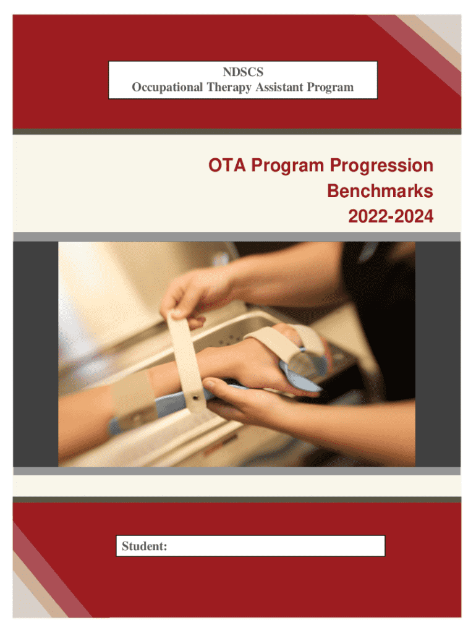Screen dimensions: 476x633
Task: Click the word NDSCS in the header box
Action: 243,72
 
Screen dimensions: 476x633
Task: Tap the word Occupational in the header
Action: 167,87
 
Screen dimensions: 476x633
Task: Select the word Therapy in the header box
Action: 229,87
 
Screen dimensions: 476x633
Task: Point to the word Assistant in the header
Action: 279,87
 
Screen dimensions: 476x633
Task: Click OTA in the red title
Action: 227,166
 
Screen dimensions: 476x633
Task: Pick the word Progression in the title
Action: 381,166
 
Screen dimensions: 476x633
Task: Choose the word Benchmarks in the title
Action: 380,191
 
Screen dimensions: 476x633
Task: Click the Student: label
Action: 144,546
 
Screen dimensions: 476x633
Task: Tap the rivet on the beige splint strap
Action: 196,397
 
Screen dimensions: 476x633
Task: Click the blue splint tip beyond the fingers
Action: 301,378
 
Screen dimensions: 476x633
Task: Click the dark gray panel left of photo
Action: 35,354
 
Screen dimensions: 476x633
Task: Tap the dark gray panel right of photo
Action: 438,354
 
